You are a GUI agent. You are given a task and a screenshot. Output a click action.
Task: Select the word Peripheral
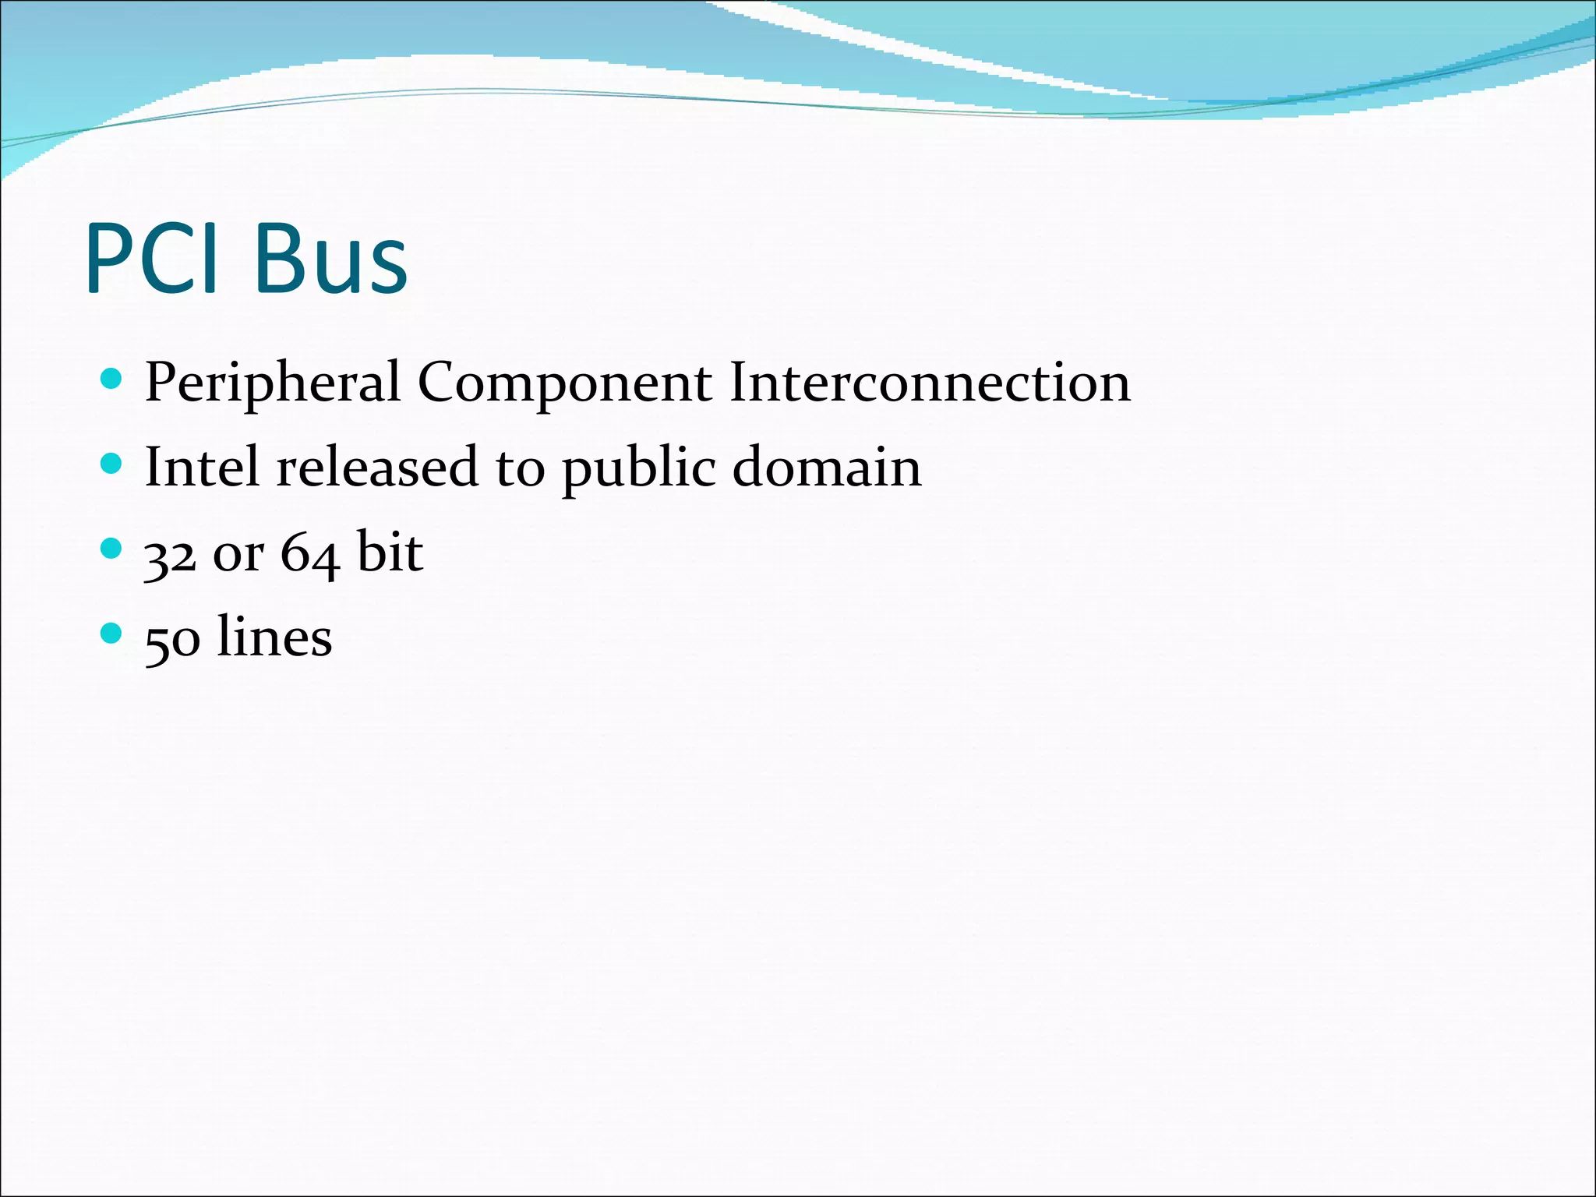tap(273, 383)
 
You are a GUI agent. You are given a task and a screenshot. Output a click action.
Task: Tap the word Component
tap(564, 383)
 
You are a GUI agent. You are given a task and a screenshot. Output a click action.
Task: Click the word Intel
tap(202, 467)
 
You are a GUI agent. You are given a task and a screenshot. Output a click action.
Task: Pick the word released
tap(377, 467)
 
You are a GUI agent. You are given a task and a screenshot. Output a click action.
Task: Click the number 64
tap(309, 554)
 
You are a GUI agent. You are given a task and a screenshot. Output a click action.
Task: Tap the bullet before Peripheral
tap(112, 380)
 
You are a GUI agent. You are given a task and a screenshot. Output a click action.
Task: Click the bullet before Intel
tap(112, 464)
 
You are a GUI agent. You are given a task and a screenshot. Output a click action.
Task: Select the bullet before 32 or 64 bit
tap(112, 549)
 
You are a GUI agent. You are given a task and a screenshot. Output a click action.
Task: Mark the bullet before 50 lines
tap(112, 633)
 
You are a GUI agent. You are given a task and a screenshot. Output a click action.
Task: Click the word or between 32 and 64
tap(238, 556)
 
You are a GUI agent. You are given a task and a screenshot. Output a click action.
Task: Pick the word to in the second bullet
tap(520, 470)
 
